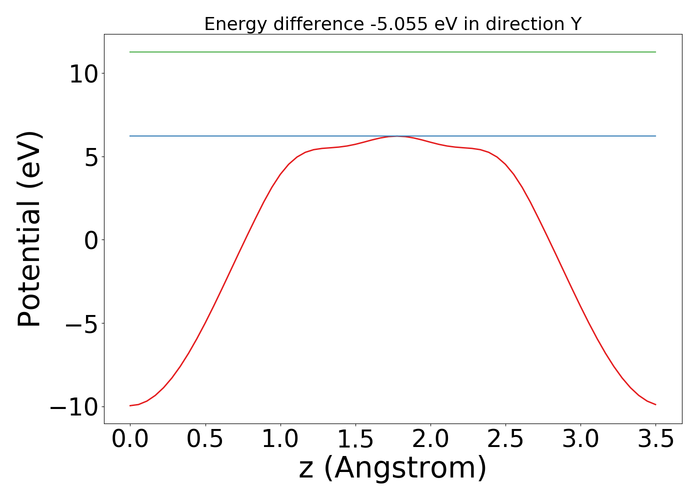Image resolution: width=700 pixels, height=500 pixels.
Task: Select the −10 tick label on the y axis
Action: pos(75,407)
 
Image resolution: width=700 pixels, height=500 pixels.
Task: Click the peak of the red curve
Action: pos(396,136)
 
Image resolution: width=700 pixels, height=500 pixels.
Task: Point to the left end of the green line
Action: pos(130,52)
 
